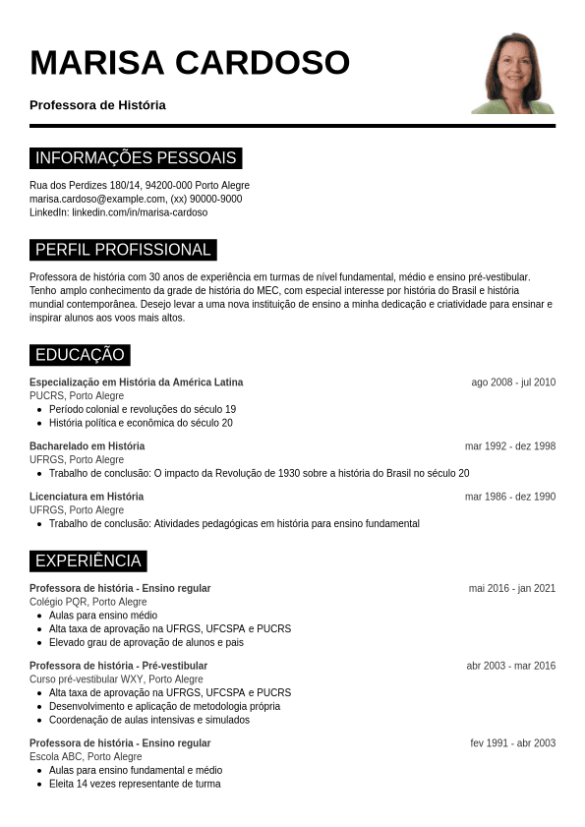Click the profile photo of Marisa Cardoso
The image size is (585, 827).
[513, 73]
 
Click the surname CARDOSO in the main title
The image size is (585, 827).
[263, 62]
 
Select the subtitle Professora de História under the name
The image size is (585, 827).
[97, 105]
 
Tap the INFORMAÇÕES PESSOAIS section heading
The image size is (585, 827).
[136, 158]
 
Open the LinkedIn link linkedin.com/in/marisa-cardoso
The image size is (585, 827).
[140, 212]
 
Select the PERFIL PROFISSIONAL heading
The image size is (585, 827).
[123, 250]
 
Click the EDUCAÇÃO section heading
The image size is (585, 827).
[80, 355]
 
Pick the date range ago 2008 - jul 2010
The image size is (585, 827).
[513, 383]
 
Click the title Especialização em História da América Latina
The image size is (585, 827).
[136, 383]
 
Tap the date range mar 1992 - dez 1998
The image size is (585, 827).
[510, 446]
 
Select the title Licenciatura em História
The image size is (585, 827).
[87, 497]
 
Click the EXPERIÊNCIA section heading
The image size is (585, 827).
[88, 561]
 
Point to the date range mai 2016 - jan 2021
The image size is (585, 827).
[512, 589]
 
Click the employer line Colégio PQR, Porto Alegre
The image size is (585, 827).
[88, 602]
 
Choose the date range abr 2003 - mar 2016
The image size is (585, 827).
[511, 666]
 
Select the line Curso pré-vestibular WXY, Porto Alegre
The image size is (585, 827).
[116, 679]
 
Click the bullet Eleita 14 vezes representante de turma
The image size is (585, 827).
[135, 784]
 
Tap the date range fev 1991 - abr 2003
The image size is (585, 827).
[512, 743]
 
